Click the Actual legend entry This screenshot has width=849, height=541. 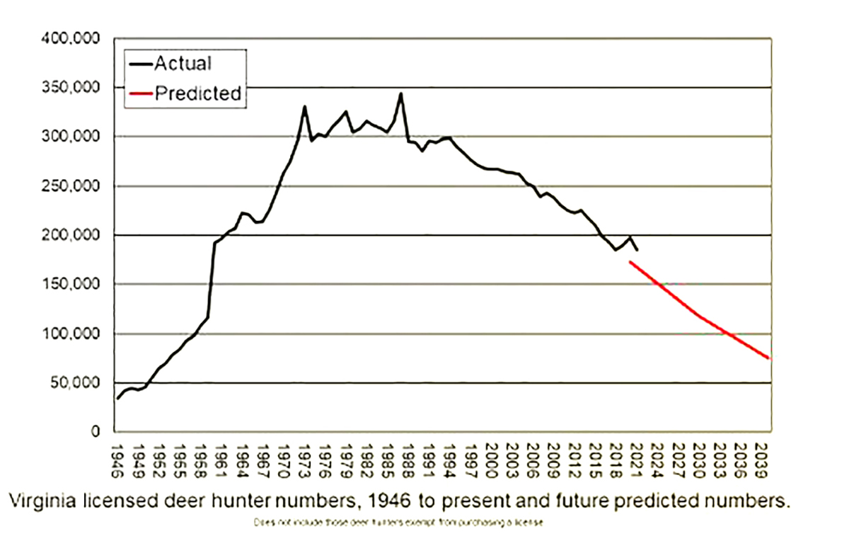[183, 63]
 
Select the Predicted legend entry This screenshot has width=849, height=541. [198, 93]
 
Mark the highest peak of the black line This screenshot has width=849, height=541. [401, 93]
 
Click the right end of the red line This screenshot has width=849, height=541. [769, 358]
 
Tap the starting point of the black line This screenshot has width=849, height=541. [117, 399]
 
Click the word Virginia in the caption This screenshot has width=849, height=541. [45, 501]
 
